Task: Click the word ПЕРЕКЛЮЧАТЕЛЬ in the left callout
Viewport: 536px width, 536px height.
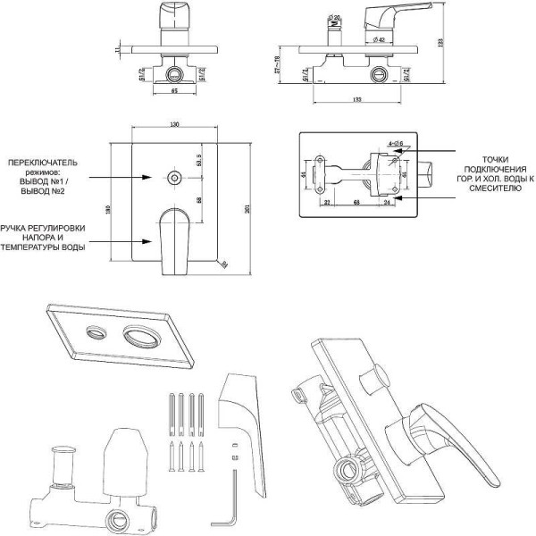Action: click(x=43, y=163)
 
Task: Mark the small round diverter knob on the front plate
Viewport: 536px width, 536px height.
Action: click(x=172, y=177)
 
